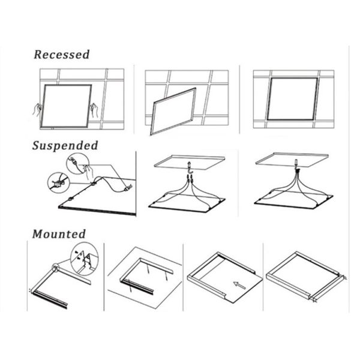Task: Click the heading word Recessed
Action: click(x=62, y=55)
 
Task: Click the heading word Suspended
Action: click(x=65, y=146)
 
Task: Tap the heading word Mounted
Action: click(x=59, y=234)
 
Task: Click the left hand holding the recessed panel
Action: click(x=37, y=110)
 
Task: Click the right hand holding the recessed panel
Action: click(x=94, y=110)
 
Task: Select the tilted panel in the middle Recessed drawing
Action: click(x=173, y=112)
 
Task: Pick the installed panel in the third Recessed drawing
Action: click(x=293, y=99)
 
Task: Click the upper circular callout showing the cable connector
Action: click(x=77, y=163)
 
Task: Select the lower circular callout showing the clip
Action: click(x=59, y=183)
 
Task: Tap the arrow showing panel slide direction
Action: click(x=239, y=285)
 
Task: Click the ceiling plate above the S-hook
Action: click(x=190, y=162)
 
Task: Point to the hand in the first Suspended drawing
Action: click(x=88, y=173)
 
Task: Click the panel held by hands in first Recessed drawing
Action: click(x=67, y=106)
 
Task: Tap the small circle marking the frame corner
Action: click(x=56, y=268)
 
